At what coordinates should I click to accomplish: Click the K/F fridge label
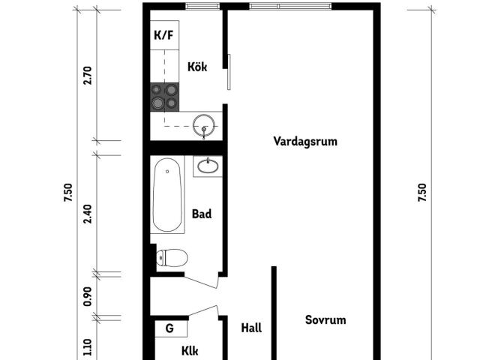(163, 35)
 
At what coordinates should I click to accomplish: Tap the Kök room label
(197, 67)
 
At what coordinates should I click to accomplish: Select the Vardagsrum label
(305, 142)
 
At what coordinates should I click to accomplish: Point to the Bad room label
(202, 214)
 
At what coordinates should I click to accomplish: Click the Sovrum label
(325, 320)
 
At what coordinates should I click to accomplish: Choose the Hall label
(251, 328)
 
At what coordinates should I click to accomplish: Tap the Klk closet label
(190, 351)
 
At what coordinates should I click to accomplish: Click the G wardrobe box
(171, 328)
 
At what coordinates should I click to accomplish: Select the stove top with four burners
(165, 97)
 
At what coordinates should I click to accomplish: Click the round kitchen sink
(204, 125)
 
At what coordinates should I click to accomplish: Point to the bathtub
(167, 195)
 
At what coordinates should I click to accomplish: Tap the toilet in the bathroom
(172, 258)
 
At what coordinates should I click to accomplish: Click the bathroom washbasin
(208, 166)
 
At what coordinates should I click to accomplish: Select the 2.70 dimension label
(88, 75)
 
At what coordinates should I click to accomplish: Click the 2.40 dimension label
(88, 214)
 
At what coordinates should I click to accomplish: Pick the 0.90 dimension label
(88, 296)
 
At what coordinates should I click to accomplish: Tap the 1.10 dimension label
(88, 347)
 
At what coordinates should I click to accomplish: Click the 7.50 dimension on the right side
(421, 192)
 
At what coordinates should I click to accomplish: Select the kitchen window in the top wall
(202, 6)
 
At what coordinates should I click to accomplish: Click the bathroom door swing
(202, 279)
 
